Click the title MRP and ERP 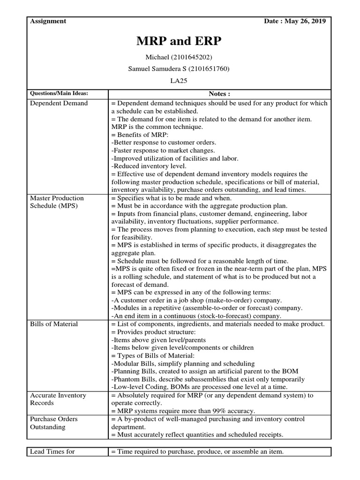(179, 42)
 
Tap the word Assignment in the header (48, 21)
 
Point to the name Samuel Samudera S (154, 69)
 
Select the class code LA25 (179, 81)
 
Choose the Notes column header (219, 93)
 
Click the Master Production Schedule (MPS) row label (57, 202)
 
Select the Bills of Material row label (54, 324)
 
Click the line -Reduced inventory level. (149, 166)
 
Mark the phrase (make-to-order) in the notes (220, 300)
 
